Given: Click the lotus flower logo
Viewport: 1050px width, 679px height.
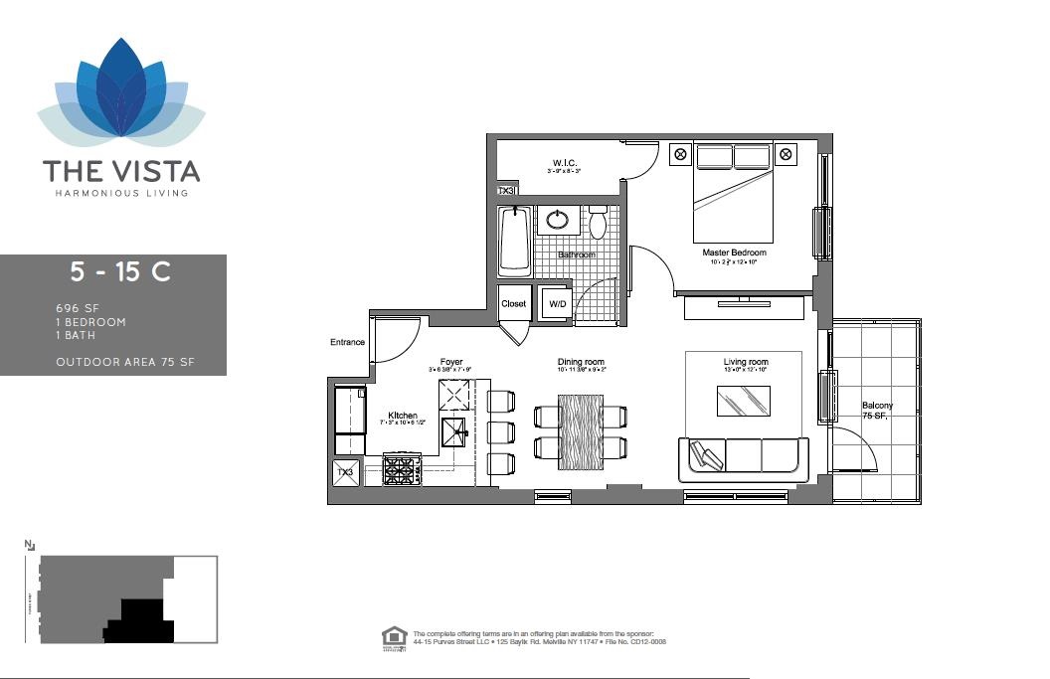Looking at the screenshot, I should (x=121, y=95).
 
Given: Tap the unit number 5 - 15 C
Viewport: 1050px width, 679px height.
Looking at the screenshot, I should (x=119, y=272).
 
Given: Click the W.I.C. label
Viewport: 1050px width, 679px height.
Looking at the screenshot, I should (x=566, y=163).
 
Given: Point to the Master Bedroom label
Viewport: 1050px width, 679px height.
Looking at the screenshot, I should (x=734, y=253).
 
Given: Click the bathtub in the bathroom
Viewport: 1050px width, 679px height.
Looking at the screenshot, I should (x=514, y=241).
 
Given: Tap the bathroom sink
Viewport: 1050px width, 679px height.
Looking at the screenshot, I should (x=559, y=219).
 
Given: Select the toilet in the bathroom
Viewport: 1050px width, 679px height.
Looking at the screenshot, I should (x=598, y=223).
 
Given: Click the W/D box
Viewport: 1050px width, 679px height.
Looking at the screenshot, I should (x=556, y=304).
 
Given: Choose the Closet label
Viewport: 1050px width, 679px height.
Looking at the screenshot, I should (x=514, y=304).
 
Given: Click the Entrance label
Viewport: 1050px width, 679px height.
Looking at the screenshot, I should (x=347, y=343).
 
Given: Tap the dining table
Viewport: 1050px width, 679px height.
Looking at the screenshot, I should (x=581, y=432).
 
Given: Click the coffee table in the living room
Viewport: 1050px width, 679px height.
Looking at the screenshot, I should (x=744, y=401).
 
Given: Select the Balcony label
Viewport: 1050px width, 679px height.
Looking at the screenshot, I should (x=877, y=406).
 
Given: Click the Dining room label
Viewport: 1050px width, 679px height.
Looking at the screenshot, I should (x=581, y=363).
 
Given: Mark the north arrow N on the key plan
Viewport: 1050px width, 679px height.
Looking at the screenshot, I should (x=29, y=545).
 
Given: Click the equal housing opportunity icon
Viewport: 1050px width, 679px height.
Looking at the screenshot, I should (x=394, y=636).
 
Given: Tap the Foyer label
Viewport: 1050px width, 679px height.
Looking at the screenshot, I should (x=451, y=363).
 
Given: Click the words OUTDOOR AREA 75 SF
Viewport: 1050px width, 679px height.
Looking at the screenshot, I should (x=125, y=362).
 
